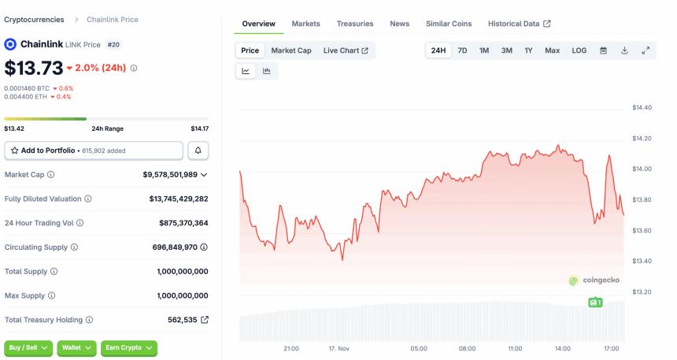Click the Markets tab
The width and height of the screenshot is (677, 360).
(305, 24)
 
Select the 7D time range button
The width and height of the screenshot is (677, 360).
(462, 50)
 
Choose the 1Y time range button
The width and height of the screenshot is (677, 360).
(528, 50)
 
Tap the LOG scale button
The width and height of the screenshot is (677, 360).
(579, 50)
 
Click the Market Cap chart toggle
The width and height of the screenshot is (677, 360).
(290, 50)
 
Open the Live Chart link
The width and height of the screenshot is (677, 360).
(346, 50)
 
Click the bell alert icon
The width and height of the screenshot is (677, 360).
(198, 150)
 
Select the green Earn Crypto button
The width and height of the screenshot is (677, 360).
(128, 347)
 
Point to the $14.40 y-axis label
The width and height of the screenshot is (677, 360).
(642, 107)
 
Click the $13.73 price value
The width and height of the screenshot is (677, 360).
(32, 68)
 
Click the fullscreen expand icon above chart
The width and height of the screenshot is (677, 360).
(646, 50)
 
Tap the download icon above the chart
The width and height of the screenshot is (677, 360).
(624, 50)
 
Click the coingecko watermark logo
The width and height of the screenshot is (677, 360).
(594, 280)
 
